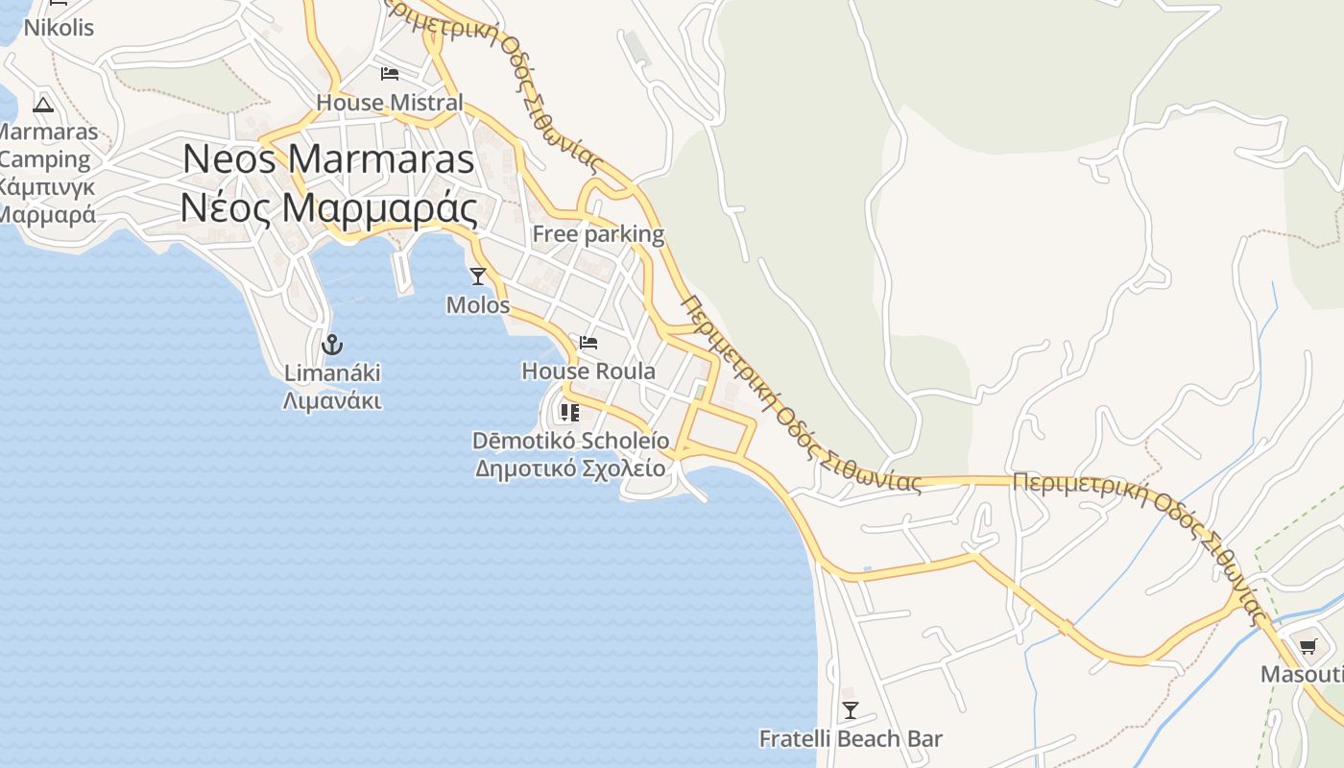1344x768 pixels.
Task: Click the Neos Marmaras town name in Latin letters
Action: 328,158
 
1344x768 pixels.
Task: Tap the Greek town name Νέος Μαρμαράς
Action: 328,207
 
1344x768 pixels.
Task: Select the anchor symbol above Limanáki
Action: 332,344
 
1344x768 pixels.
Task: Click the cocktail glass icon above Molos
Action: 478,276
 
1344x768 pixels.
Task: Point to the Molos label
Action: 478,305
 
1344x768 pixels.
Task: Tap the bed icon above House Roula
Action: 588,343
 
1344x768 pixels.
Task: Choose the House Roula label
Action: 588,371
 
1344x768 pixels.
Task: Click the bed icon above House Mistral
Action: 390,74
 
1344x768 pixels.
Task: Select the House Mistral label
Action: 390,102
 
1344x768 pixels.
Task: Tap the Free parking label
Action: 598,233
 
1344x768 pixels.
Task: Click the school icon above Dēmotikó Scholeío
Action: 570,413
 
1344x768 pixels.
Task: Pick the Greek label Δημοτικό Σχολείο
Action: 570,468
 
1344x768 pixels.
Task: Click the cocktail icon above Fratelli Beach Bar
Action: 850,710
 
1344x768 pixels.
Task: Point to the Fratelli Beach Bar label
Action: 851,739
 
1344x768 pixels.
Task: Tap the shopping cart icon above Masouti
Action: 1307,646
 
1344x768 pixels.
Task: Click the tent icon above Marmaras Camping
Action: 42,104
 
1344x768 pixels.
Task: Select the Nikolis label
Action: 59,27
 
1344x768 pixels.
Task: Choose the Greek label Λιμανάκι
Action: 332,400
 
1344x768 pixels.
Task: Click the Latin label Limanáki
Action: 332,372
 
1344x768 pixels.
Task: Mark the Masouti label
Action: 1302,674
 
